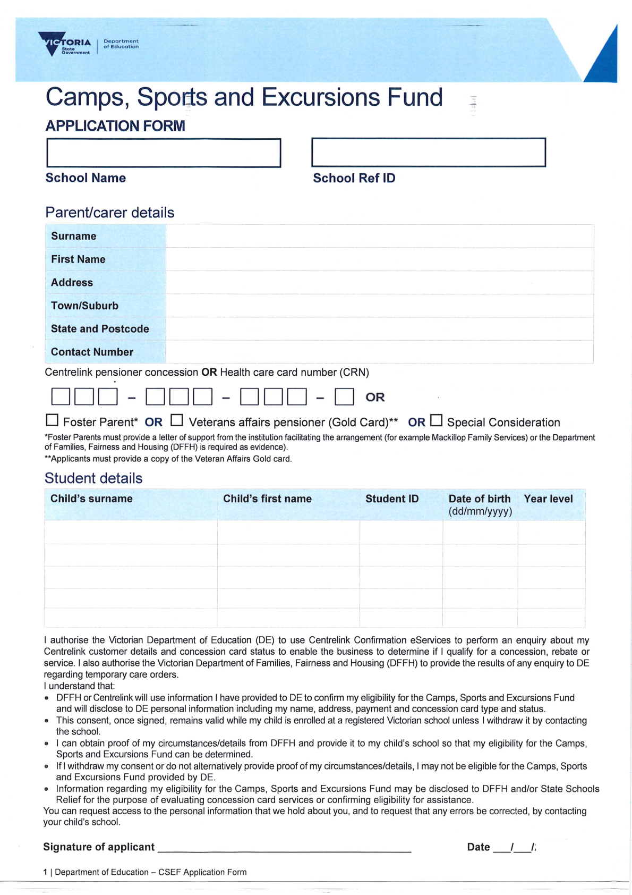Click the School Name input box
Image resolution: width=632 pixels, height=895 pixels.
[164, 153]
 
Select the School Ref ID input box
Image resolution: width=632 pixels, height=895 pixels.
[428, 153]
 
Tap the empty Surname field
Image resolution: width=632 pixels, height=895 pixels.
[379, 237]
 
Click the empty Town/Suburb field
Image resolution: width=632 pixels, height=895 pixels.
[379, 306]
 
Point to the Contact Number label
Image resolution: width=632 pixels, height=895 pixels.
[92, 352]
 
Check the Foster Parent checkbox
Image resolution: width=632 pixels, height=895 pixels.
[52, 420]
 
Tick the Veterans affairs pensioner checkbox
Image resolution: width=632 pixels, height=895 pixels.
[177, 420]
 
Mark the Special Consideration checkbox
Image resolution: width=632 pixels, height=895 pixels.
[436, 420]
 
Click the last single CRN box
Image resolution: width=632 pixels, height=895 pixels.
[344, 397]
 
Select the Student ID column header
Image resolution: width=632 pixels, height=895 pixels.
[392, 499]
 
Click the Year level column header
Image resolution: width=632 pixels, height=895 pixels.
[548, 499]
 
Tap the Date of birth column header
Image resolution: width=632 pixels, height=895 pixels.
[480, 504]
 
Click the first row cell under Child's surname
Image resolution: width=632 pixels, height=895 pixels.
[131, 532]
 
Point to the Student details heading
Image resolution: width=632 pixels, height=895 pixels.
[93, 478]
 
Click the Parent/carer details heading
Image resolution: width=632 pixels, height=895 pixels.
[110, 213]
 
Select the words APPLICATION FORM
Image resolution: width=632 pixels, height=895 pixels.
[115, 126]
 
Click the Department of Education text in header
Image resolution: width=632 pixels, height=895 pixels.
[121, 44]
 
